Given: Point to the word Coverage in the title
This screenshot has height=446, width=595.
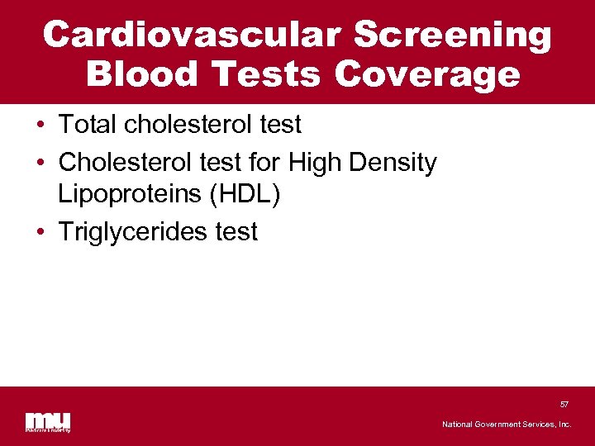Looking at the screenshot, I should pos(427,74).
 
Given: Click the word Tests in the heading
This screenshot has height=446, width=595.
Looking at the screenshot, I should pos(267,74).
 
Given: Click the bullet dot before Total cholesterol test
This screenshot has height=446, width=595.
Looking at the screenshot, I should pos(40,126).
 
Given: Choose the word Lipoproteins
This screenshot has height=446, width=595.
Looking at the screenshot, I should pos(131,195).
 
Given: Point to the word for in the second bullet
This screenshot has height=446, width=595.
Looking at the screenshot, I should pos(263,163).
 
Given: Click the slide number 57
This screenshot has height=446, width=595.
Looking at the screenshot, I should pos(564,405).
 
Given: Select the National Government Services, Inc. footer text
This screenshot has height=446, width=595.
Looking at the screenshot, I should pos(507,424).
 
